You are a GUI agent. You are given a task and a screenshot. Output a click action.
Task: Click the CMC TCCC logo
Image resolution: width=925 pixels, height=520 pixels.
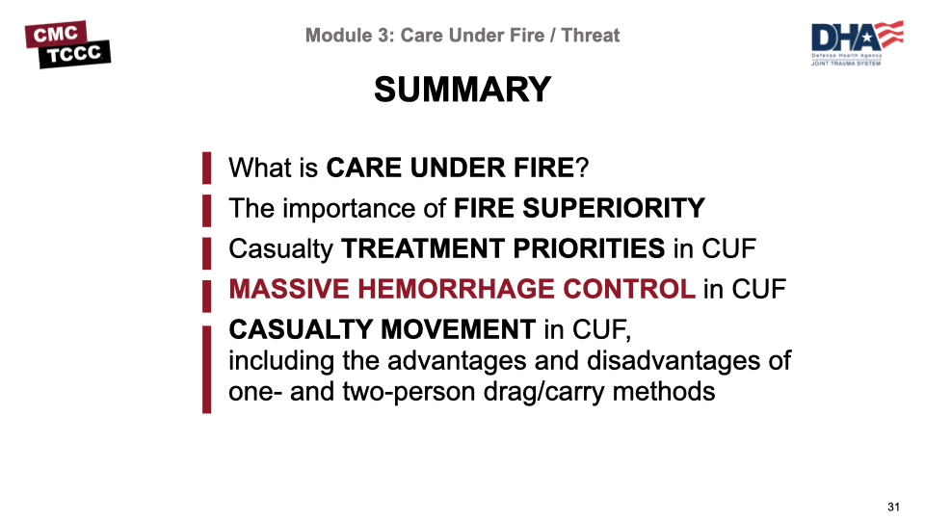(x=67, y=44)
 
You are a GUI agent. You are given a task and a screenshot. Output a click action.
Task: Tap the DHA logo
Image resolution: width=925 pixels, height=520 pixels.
(x=858, y=43)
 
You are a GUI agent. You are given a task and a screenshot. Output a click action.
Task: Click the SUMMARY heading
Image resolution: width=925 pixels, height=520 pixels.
(x=462, y=90)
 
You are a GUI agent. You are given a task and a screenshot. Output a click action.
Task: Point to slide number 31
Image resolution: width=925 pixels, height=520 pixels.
(x=893, y=507)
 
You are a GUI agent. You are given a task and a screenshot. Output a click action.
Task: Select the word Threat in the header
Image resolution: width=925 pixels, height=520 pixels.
(x=591, y=36)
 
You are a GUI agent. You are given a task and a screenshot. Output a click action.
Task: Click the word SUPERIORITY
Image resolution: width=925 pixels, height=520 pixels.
(x=614, y=208)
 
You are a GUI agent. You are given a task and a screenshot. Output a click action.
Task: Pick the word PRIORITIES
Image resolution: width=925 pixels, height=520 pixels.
(x=589, y=248)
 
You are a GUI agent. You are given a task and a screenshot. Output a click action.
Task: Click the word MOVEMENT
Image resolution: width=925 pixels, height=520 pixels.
(x=458, y=329)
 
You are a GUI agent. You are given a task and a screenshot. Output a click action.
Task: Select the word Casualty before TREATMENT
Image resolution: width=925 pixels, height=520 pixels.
(x=280, y=249)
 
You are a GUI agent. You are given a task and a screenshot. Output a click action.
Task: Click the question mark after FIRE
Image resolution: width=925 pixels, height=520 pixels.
(x=582, y=168)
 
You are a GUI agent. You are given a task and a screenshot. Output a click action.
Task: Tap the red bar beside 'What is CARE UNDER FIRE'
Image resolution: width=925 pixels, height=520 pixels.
(x=206, y=168)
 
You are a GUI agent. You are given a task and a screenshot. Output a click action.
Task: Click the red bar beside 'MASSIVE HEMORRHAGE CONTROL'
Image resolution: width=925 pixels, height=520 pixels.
(x=206, y=296)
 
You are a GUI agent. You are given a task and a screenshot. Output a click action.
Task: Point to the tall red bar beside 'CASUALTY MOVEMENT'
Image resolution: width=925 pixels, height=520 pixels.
(x=206, y=369)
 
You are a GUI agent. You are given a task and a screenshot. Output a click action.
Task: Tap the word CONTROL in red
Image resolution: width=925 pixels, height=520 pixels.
(x=629, y=289)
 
